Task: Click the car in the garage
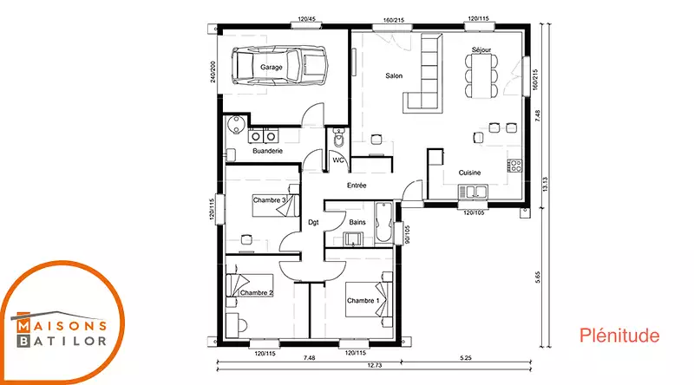click(x=280, y=66)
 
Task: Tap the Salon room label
click(x=394, y=75)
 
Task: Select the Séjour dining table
click(x=481, y=75)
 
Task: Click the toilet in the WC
click(x=339, y=138)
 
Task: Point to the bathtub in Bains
click(x=383, y=222)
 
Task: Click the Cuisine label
click(x=469, y=173)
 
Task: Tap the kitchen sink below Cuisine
click(x=473, y=192)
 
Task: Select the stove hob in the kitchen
click(x=514, y=166)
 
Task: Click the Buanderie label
click(x=267, y=151)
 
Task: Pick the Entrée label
click(x=357, y=186)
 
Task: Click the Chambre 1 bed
click(x=368, y=300)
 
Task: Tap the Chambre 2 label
click(x=257, y=293)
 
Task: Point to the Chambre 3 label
click(x=270, y=200)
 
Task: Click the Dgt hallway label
click(x=313, y=223)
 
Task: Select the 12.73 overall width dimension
click(x=375, y=366)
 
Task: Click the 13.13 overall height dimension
click(x=545, y=184)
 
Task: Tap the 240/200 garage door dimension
click(x=213, y=72)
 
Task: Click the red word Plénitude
click(x=619, y=336)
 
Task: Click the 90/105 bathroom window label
click(x=407, y=234)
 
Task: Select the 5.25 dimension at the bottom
click(x=466, y=357)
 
